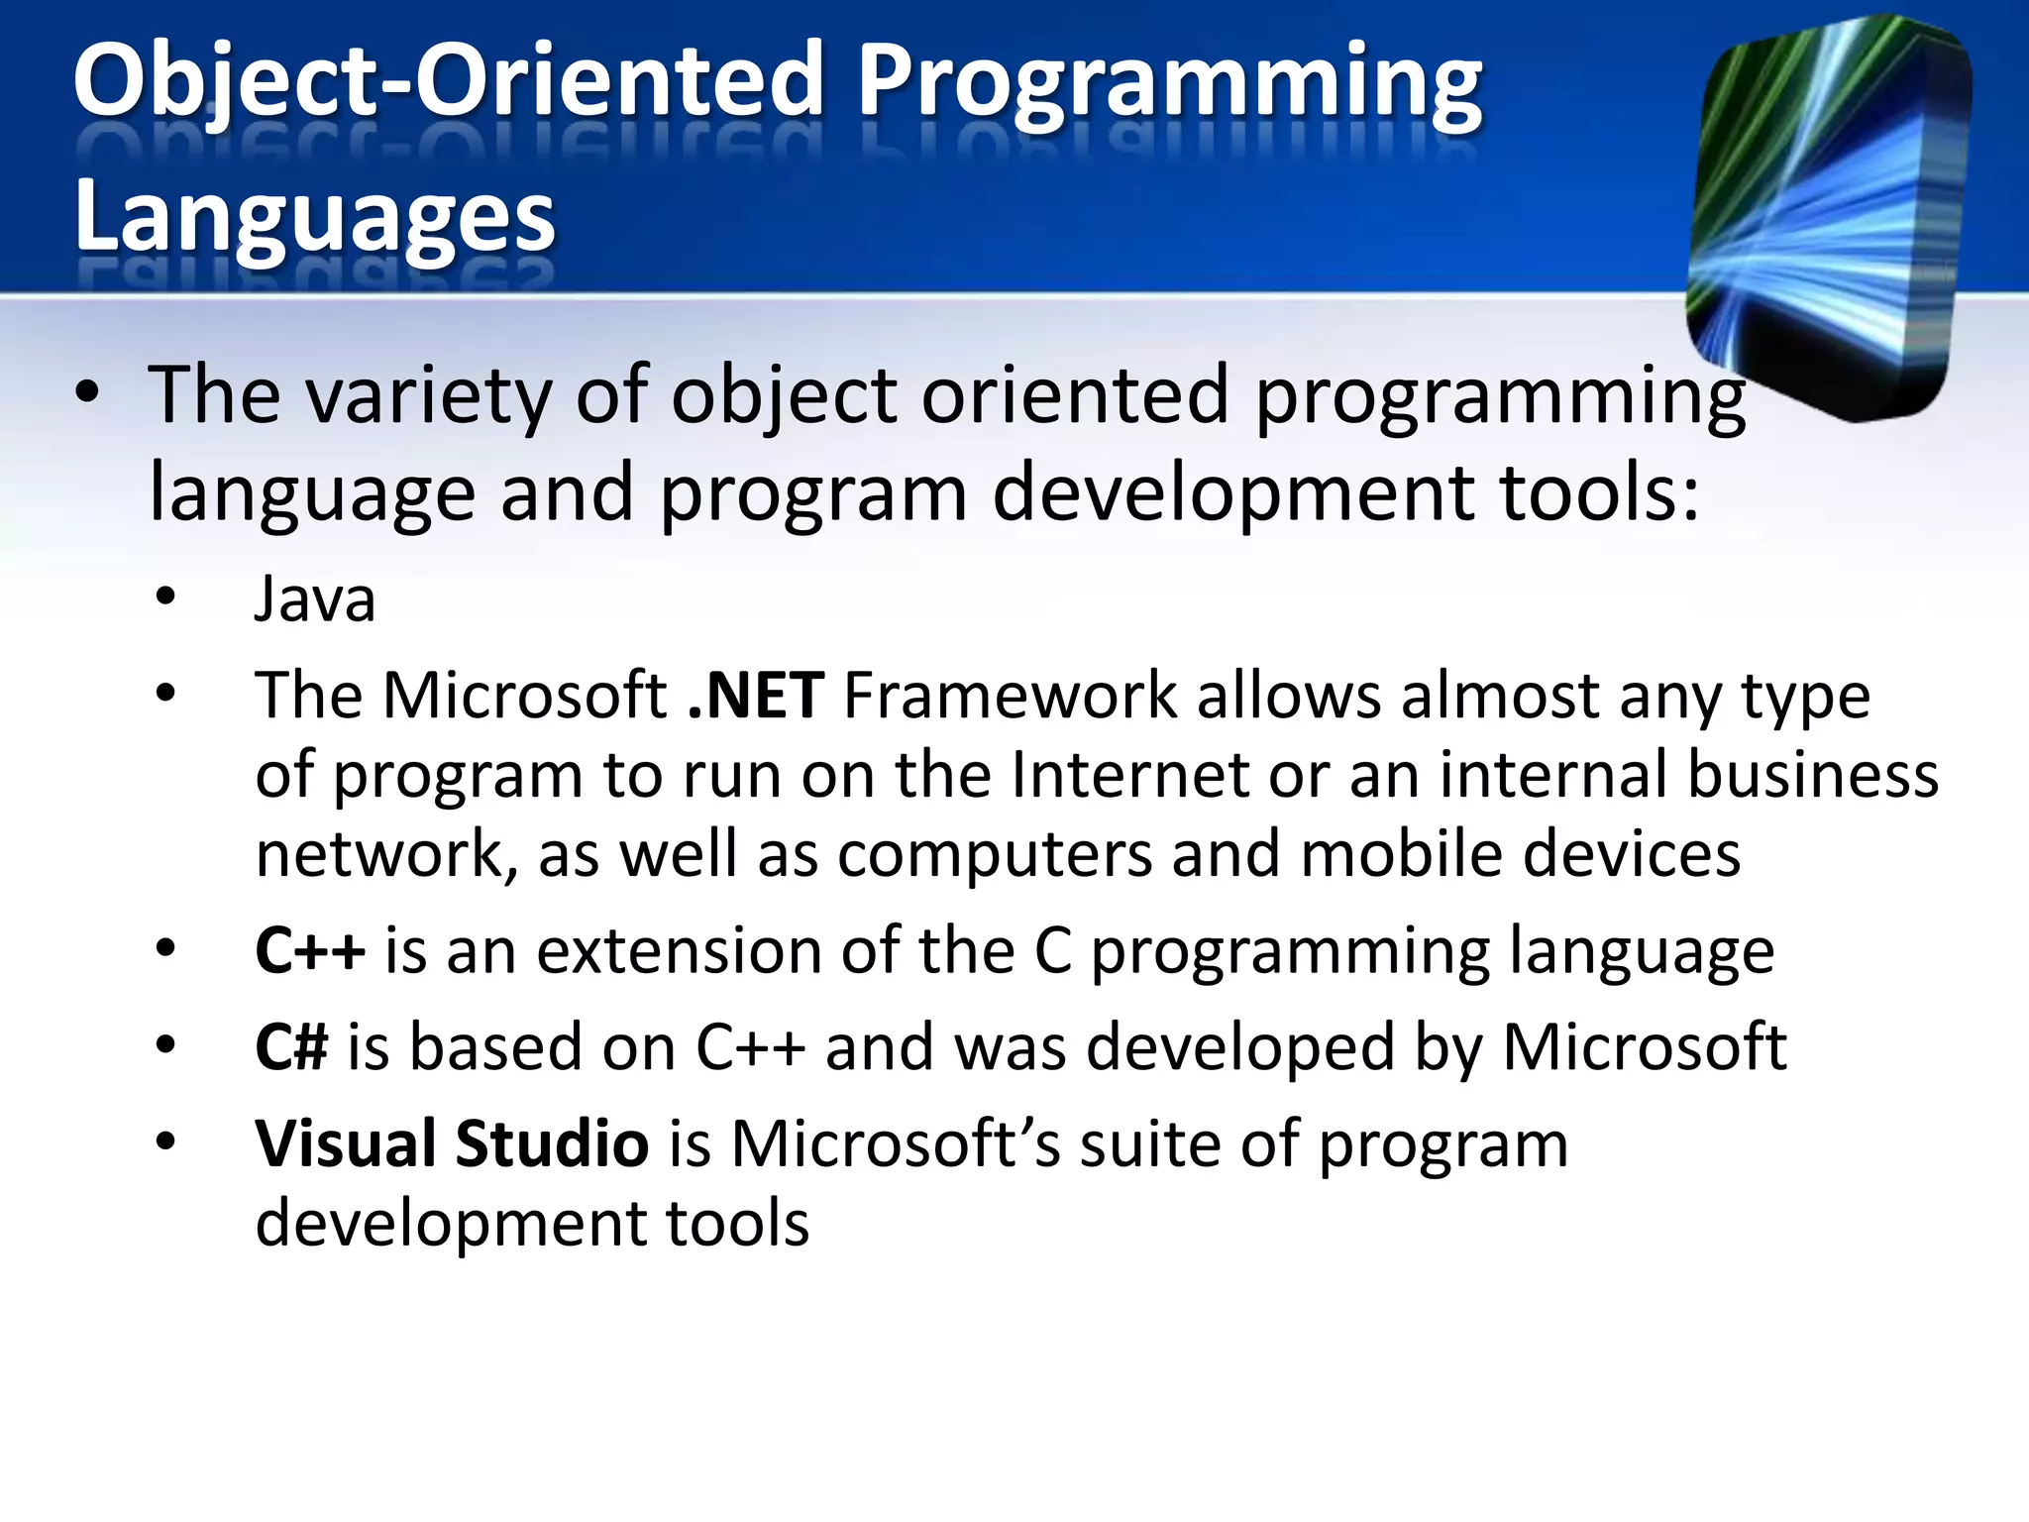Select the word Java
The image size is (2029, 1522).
315,599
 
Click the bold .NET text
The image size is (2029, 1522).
756,696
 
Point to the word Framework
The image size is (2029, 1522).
1010,696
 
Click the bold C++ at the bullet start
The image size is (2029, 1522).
310,951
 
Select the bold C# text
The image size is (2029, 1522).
291,1047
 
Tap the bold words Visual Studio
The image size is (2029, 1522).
452,1143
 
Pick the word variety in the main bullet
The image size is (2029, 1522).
428,396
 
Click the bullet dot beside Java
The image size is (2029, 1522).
165,597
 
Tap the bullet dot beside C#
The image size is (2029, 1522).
165,1044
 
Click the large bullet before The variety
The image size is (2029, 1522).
87,392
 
